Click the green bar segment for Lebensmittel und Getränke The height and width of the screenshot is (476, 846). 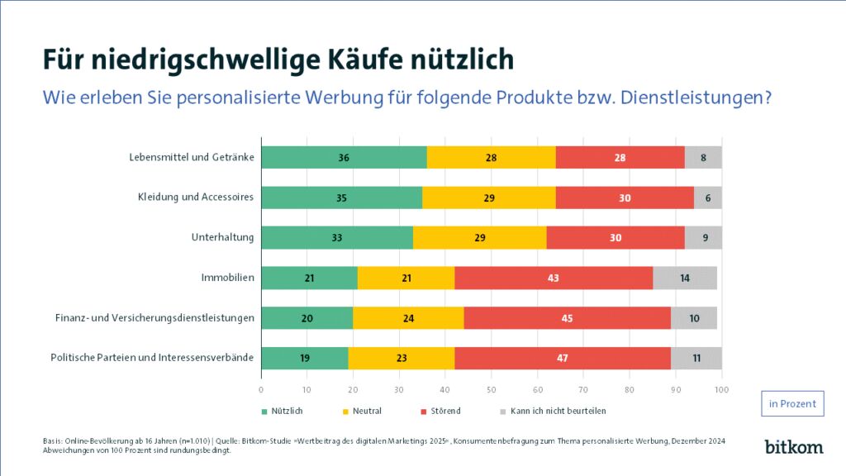pos(344,157)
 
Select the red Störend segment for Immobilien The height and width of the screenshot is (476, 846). pos(553,278)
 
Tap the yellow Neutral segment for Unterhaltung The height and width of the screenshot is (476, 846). pos(479,238)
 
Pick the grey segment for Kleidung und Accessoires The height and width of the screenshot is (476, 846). pos(707,198)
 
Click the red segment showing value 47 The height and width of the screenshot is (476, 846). pos(562,358)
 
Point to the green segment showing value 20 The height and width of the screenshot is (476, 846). pos(307,318)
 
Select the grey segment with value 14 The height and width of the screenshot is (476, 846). pos(684,278)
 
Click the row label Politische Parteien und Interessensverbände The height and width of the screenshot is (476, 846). pos(152,358)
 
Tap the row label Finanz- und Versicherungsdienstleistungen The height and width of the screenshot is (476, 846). pos(154,318)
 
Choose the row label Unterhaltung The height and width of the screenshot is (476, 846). pos(222,238)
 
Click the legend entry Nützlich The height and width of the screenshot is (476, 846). pos(281,411)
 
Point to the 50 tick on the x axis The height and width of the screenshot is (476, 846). pos(492,389)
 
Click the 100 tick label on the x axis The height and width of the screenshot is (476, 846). pos(721,389)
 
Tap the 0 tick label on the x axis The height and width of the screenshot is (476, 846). pos(261,389)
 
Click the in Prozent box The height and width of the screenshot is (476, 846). pos(791,403)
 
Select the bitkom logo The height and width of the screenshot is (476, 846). pos(793,446)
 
